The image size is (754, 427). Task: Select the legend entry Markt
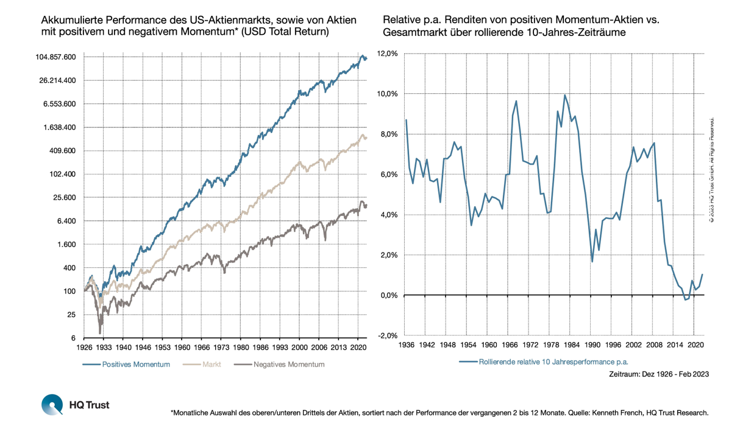pos(211,364)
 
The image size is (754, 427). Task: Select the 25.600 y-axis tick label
pos(63,198)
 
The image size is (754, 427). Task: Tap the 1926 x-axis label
pos(84,347)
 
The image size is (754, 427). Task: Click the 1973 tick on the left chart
pos(221,347)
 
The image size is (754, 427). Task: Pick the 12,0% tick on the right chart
pos(388,54)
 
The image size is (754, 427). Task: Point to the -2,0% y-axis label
pos(388,335)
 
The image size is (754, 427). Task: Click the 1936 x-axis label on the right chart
pos(406,345)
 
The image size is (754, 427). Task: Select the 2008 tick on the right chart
pos(654,345)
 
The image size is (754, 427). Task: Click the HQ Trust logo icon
pos(52,404)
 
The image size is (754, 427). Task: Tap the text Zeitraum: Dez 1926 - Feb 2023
pos(658,374)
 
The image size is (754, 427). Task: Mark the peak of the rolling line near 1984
pos(565,95)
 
